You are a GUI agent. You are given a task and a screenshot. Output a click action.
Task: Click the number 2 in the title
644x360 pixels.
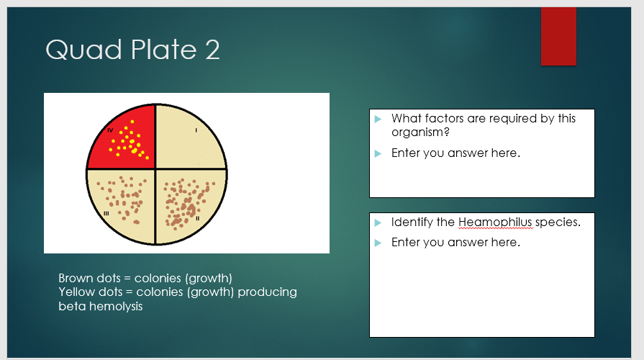pyautogui.click(x=211, y=50)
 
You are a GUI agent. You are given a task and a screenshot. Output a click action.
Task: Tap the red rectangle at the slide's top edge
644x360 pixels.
pyautogui.click(x=558, y=36)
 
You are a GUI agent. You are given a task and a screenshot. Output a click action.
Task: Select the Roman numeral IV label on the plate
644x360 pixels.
pyautogui.click(x=110, y=130)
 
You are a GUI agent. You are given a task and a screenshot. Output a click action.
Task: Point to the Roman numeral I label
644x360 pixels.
pyautogui.click(x=196, y=130)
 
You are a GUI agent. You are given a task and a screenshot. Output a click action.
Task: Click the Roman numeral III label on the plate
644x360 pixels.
pyautogui.click(x=106, y=213)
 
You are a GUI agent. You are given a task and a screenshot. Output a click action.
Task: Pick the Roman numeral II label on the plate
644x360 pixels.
pyautogui.click(x=197, y=217)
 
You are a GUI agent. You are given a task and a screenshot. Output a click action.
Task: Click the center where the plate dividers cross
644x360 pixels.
pyautogui.click(x=156, y=170)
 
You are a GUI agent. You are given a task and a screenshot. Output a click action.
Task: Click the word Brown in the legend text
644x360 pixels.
pyautogui.click(x=75, y=278)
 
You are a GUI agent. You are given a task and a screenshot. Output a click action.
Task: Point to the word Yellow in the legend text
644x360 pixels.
pyautogui.click(x=76, y=292)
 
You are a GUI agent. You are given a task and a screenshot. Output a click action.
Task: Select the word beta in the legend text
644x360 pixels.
pyautogui.click(x=70, y=306)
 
